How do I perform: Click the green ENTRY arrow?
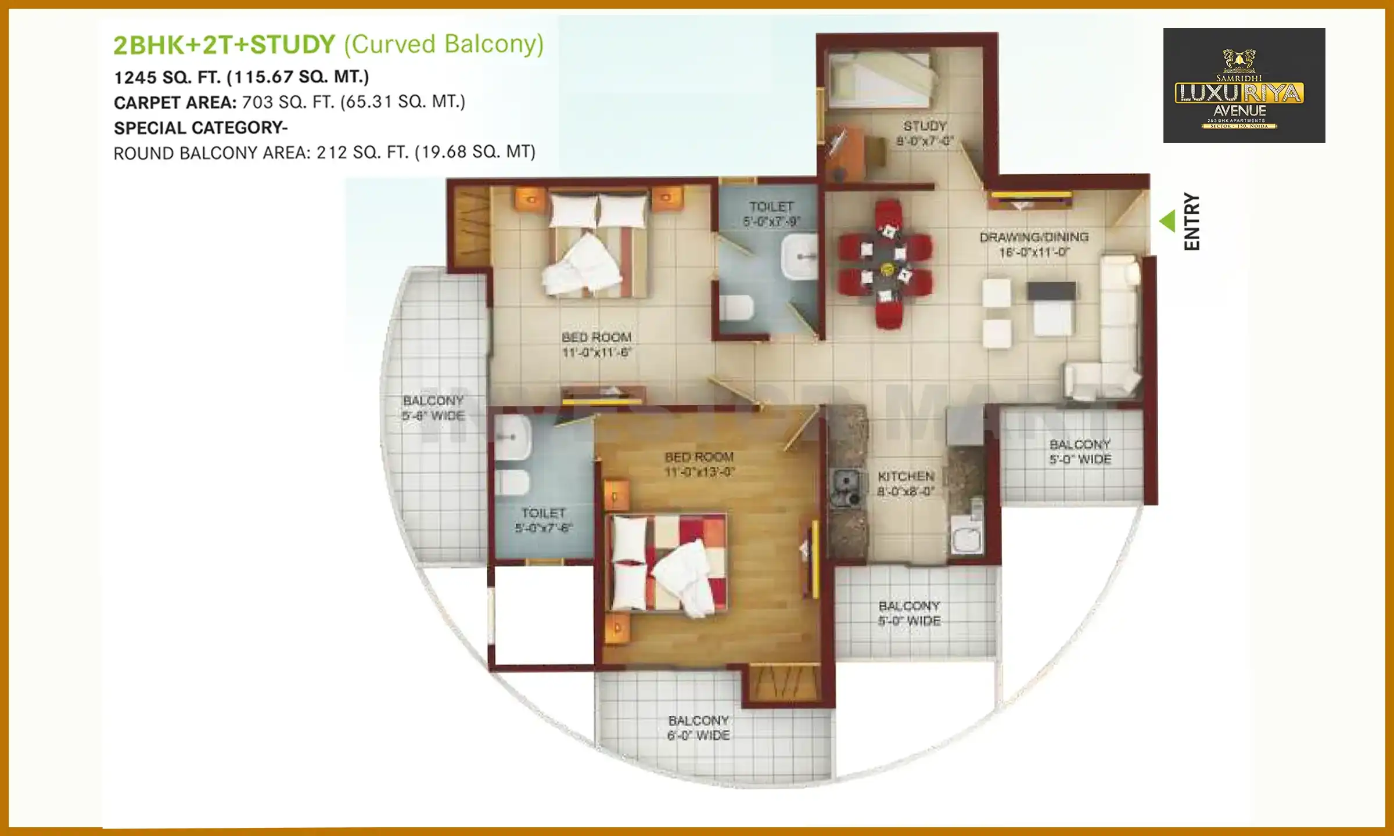1167,221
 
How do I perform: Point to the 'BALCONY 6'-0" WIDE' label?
698,727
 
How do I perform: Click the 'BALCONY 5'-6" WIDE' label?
433,408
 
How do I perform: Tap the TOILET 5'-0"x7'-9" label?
771,214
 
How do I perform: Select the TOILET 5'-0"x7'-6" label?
544,520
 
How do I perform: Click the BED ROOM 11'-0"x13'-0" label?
699,464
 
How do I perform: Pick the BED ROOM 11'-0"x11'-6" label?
597,344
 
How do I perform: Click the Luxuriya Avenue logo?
1244,85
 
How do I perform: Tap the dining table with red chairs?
885,264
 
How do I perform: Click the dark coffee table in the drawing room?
1051,291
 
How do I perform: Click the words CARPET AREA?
175,103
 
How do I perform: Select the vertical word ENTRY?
1191,221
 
